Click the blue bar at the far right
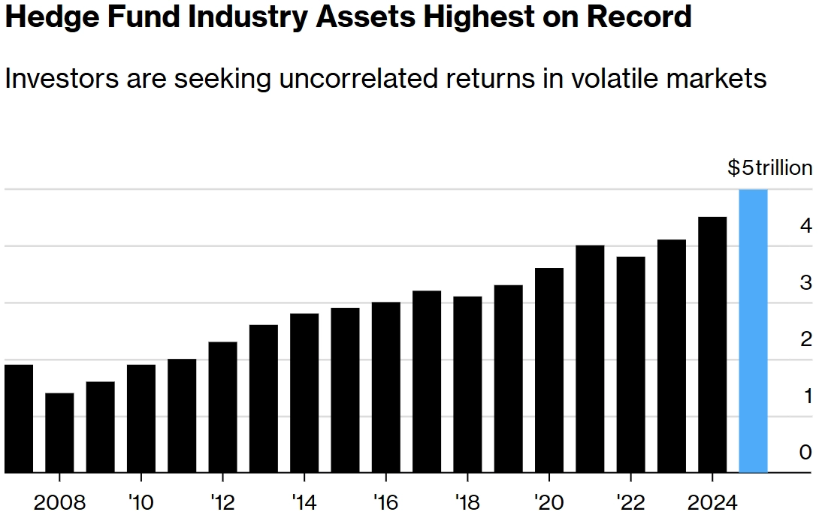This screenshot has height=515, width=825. click(753, 331)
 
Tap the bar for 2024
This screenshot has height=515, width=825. click(712, 345)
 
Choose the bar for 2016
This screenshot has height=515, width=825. click(386, 387)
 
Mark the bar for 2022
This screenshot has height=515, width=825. click(630, 365)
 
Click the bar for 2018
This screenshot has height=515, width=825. click(467, 384)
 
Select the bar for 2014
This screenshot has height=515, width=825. click(304, 393)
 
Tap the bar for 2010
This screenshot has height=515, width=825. click(141, 418)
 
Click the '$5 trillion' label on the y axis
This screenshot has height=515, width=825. click(769, 168)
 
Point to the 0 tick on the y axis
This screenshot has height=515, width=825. click(805, 453)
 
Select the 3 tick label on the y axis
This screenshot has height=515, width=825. click(805, 283)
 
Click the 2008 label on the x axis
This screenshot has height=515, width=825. click(59, 501)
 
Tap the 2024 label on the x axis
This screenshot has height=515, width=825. click(712, 501)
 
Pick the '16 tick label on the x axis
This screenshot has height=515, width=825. click(385, 501)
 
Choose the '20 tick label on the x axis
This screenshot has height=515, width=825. click(549, 501)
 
